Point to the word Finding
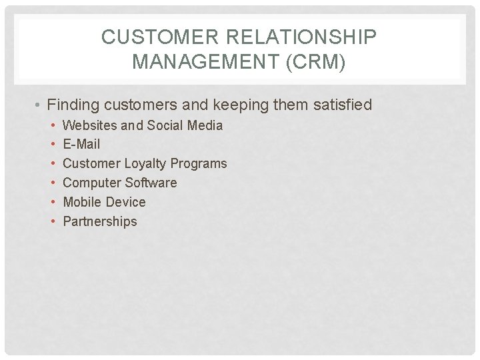[73, 105]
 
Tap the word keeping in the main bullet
[245, 105]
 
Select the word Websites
[89, 125]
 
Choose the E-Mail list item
[81, 144]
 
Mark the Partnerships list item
[99, 221]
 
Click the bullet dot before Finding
[39, 106]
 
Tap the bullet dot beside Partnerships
[53, 222]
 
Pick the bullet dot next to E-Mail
[53, 145]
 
